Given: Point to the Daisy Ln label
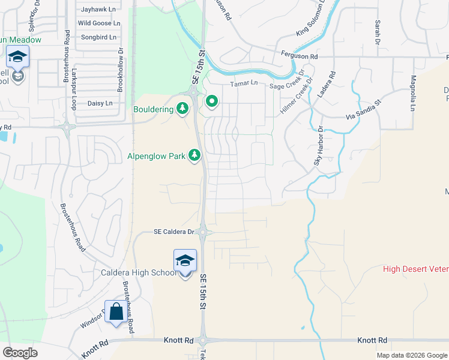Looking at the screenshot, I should pyautogui.click(x=100, y=103).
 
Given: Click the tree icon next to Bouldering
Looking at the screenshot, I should pyautogui.click(x=183, y=109).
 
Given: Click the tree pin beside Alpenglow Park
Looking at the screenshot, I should pyautogui.click(x=194, y=156).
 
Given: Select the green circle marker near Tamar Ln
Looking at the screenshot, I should pyautogui.click(x=211, y=102).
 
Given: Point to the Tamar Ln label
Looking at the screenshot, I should pyautogui.click(x=243, y=83).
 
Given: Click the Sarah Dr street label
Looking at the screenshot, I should pyautogui.click(x=378, y=32).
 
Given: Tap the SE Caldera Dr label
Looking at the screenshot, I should pyautogui.click(x=174, y=232).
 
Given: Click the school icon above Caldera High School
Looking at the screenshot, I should pyautogui.click(x=185, y=260).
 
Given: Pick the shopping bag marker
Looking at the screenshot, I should pyautogui.click(x=116, y=311).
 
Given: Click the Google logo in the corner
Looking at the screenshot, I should pyautogui.click(x=20, y=353).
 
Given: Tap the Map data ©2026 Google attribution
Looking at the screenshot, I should pyautogui.click(x=411, y=355).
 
